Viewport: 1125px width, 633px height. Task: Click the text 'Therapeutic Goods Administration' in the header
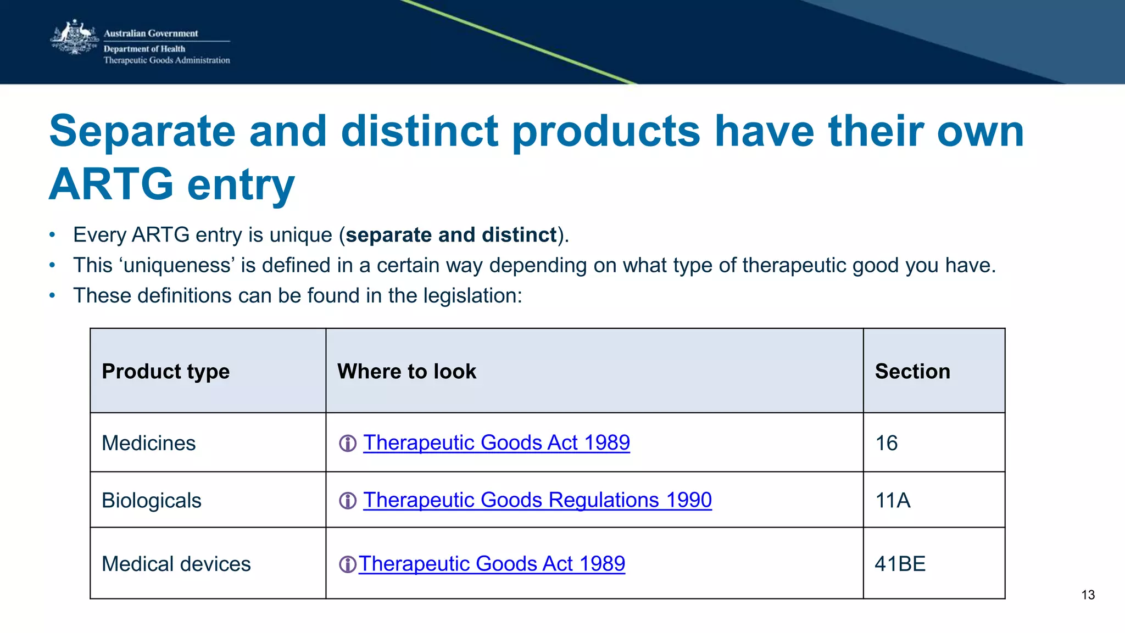point(166,60)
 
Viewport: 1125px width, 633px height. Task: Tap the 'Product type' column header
point(165,372)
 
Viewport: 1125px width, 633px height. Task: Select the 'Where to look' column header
point(406,372)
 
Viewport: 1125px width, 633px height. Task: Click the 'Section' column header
point(912,372)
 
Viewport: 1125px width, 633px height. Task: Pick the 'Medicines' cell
point(148,443)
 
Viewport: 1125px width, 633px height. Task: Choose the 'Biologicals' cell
point(152,501)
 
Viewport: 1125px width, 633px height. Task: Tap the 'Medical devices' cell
point(176,564)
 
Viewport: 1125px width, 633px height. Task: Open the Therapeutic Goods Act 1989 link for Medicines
point(496,442)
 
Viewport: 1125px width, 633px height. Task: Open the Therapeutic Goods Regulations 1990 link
point(537,500)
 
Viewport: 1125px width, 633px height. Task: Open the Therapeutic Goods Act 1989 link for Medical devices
point(492,564)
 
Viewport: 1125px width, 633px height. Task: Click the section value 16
point(887,443)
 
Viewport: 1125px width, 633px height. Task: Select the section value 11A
point(893,501)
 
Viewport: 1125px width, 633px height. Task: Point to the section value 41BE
point(900,564)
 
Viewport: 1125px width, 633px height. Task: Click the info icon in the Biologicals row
point(348,501)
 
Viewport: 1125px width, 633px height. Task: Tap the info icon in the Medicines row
point(348,443)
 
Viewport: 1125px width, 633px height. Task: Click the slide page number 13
point(1088,595)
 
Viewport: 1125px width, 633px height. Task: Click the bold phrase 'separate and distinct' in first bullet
point(451,235)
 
